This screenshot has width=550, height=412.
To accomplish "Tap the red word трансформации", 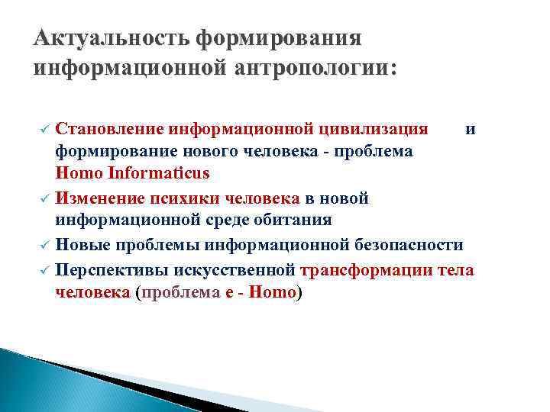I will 370,269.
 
